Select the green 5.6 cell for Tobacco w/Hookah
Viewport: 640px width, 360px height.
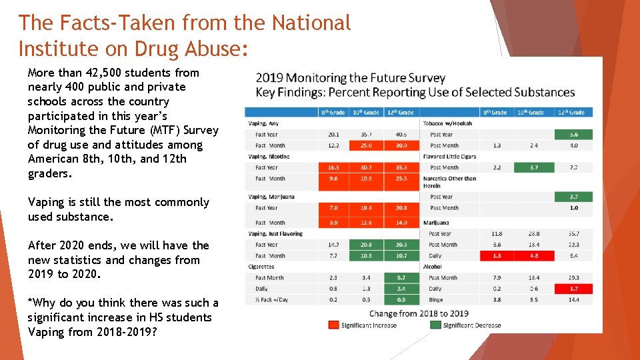(x=573, y=135)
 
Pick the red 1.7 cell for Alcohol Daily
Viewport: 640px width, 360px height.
(x=573, y=289)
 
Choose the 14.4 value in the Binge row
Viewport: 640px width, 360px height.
(x=573, y=300)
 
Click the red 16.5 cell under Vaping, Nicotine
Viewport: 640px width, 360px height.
(x=333, y=167)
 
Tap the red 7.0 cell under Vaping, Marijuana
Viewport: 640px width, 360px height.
(x=333, y=208)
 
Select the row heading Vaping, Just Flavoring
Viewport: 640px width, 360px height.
(x=275, y=234)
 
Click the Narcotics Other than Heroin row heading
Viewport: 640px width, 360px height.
(x=449, y=182)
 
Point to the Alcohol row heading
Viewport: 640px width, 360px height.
(x=433, y=267)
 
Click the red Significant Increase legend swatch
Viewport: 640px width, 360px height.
(x=333, y=325)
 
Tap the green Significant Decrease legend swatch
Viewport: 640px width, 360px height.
(x=435, y=325)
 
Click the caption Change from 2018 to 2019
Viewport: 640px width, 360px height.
(x=418, y=313)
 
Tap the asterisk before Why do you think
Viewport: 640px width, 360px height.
(x=30, y=303)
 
